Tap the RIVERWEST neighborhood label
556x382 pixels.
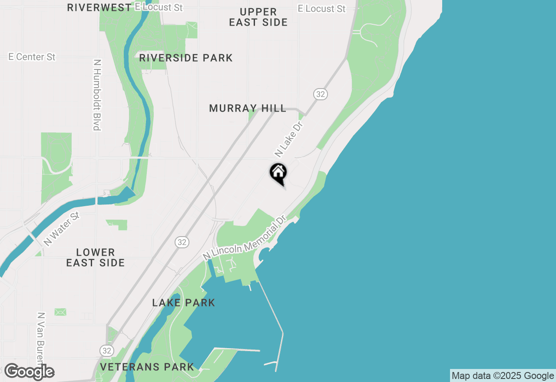pyautogui.click(x=99, y=7)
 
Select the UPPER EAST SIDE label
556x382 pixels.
pyautogui.click(x=258, y=17)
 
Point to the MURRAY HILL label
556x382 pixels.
pyautogui.click(x=248, y=108)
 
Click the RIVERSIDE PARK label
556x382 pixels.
pyautogui.click(x=186, y=58)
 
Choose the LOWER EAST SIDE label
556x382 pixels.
pyautogui.click(x=96, y=257)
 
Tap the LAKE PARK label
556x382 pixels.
pyautogui.click(x=184, y=303)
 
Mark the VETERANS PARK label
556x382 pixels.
pyautogui.click(x=147, y=367)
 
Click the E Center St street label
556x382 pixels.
pyautogui.click(x=32, y=57)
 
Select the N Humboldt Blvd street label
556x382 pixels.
pyautogui.click(x=97, y=95)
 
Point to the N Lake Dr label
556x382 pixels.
pyautogui.click(x=288, y=139)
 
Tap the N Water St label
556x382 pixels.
pyautogui.click(x=62, y=229)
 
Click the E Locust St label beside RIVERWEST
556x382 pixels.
pyautogui.click(x=159, y=7)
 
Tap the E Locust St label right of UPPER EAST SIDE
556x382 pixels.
pyautogui.click(x=322, y=9)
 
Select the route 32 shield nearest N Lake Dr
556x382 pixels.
pyautogui.click(x=320, y=94)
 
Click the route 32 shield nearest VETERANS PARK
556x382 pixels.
pyautogui.click(x=106, y=350)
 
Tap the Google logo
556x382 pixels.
pyautogui.click(x=30, y=372)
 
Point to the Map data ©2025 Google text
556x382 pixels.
pyautogui.click(x=503, y=375)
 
